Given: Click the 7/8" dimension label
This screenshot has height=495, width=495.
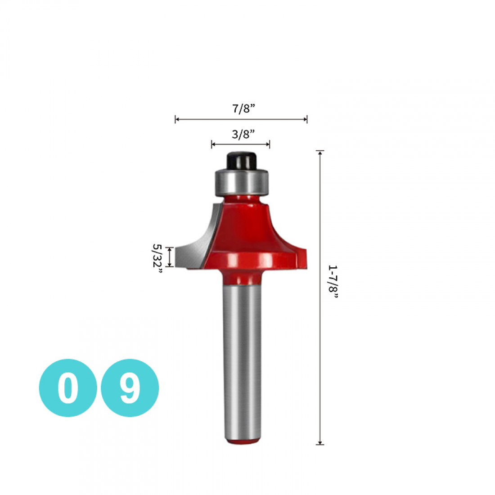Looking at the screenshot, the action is click(243, 108).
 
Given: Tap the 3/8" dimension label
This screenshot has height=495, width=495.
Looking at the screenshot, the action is click(243, 134).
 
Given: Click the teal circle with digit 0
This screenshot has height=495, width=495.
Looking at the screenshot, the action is click(68, 387).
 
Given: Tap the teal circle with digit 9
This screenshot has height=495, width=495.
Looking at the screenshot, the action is click(130, 387).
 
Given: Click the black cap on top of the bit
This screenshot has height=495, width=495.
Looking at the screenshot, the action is click(242, 161).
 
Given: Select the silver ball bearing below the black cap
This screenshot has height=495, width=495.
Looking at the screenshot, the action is click(242, 182).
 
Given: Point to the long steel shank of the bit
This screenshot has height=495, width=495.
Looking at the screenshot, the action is click(242, 361).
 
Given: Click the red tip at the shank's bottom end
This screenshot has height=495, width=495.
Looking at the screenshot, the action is click(243, 441).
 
